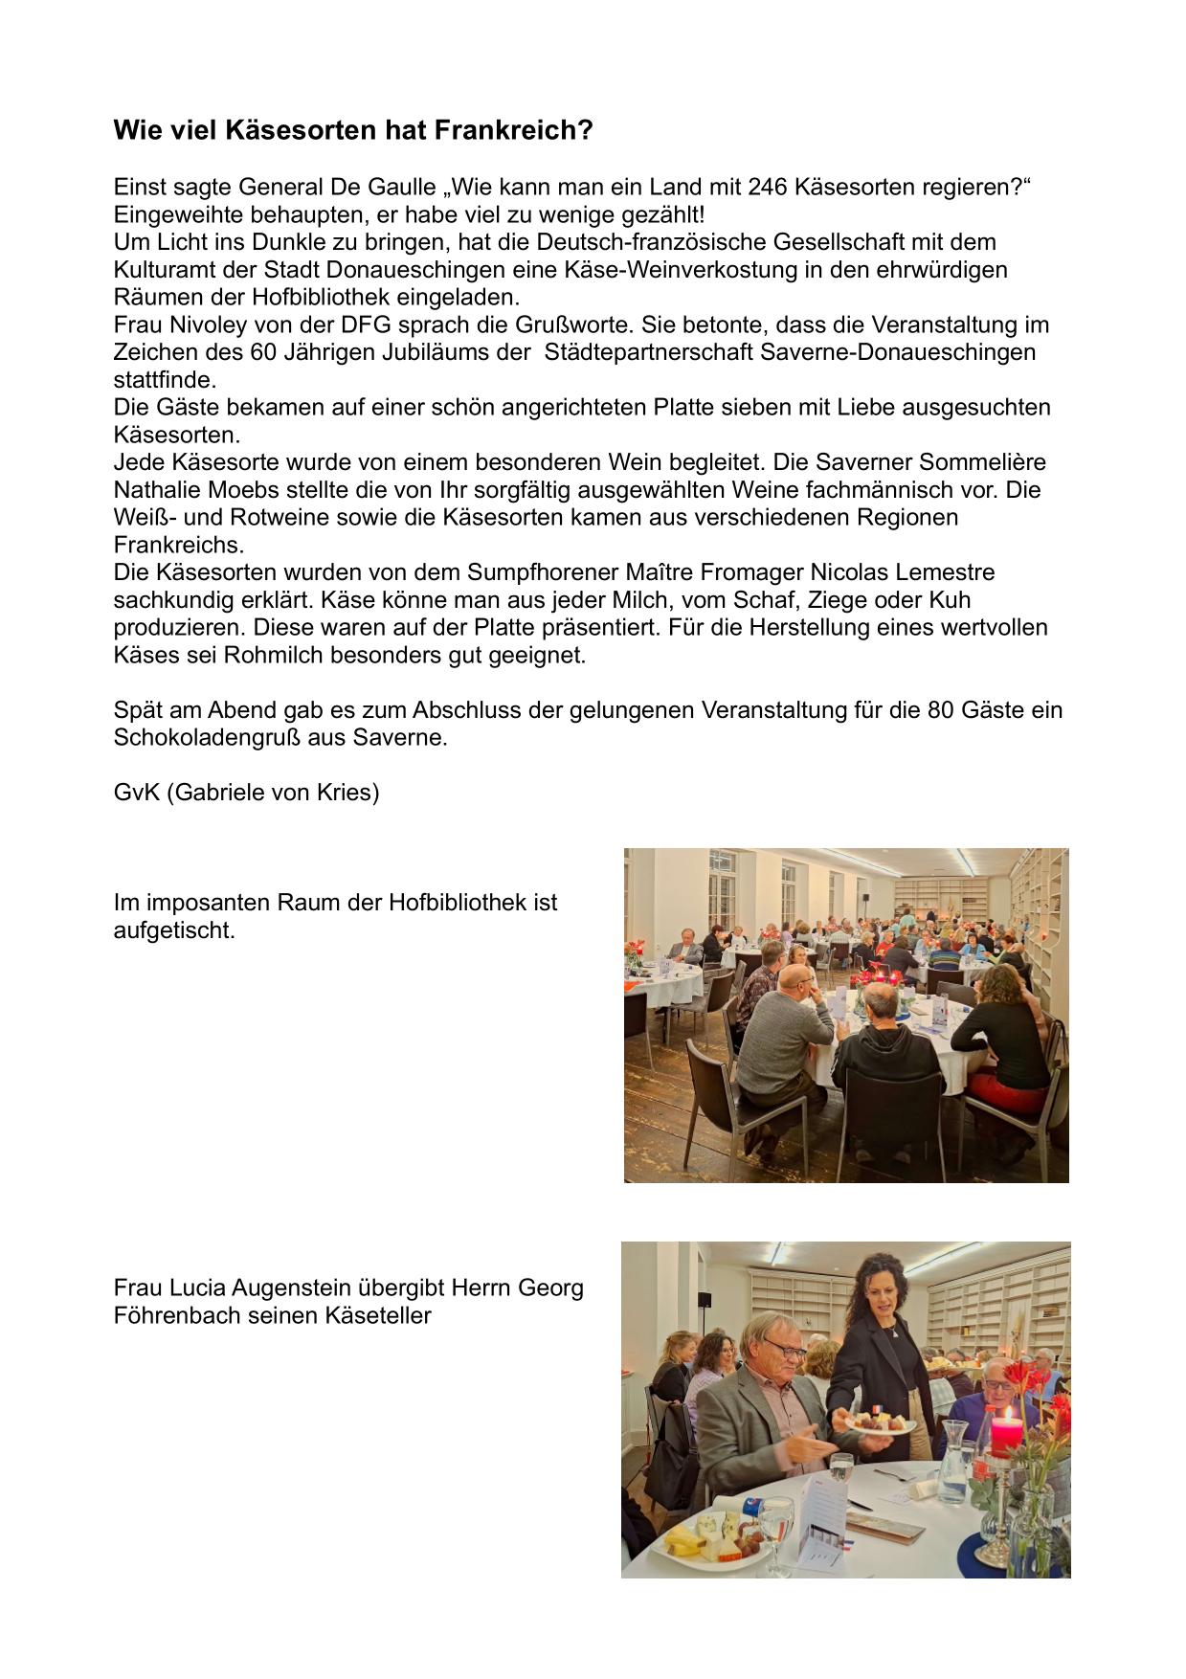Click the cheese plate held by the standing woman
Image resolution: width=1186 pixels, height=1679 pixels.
click(x=878, y=1421)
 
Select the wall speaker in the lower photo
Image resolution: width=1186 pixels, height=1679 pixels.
click(x=706, y=1299)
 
